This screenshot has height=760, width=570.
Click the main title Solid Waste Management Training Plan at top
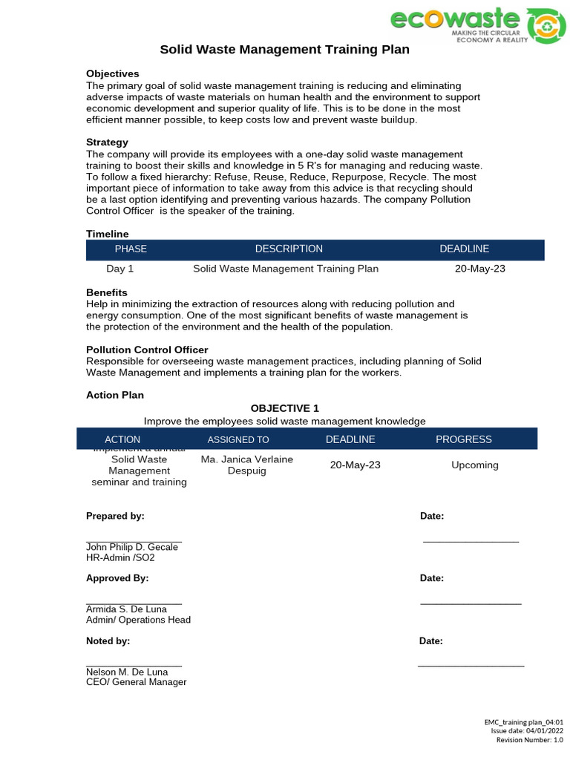coord(285,50)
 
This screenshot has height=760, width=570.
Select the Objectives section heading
coord(113,73)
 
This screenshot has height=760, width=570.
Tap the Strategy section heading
coord(108,142)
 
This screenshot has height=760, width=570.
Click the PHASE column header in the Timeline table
coord(131,249)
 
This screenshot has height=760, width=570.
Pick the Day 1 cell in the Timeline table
coord(120,269)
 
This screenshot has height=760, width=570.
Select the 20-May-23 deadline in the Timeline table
coord(479,269)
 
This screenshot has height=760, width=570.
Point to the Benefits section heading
coord(107,292)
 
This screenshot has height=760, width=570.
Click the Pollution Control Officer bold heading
coord(147,350)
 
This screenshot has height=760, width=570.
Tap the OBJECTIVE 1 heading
coord(285,408)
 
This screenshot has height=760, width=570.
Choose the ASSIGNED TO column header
coord(238,439)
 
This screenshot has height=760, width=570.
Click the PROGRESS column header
coord(463,439)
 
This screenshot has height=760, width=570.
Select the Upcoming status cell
coord(475,465)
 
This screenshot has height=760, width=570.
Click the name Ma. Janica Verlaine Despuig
coord(247,465)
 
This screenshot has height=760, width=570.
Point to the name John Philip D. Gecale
coord(132,547)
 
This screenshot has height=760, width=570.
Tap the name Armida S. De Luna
coord(127,609)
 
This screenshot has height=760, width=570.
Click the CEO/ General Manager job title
coord(137,681)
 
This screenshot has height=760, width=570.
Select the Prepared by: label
coord(115,516)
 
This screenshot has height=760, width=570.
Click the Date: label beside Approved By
coord(432,577)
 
